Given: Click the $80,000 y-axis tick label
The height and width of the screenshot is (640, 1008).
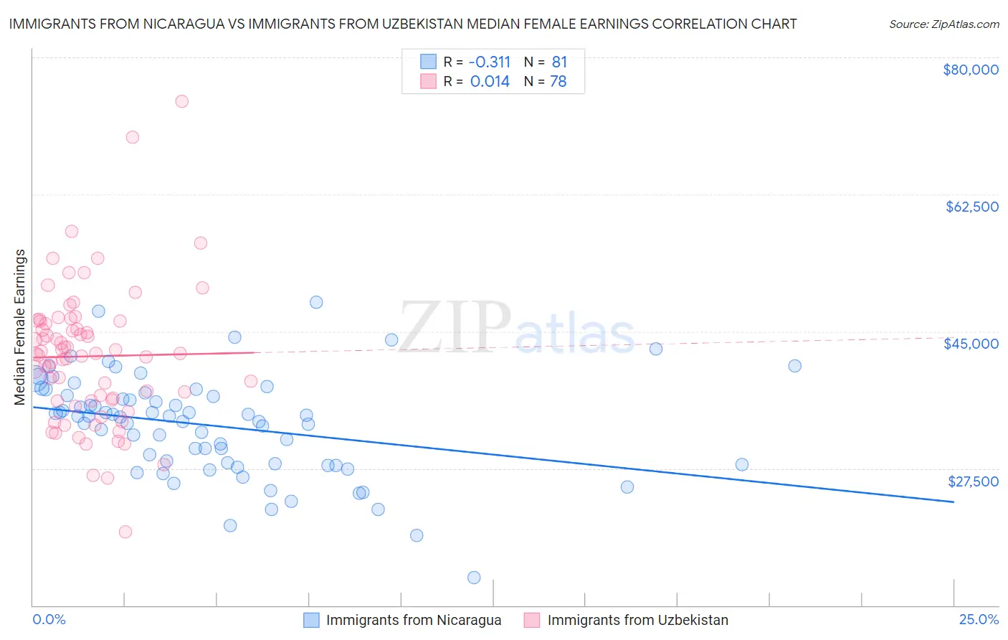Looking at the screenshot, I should [x=971, y=70].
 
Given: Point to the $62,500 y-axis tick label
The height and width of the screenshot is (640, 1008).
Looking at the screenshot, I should [x=971, y=207].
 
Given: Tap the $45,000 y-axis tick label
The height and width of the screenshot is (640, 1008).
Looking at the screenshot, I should [x=971, y=344].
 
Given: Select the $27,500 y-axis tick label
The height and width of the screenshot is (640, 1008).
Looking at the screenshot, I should [x=972, y=481].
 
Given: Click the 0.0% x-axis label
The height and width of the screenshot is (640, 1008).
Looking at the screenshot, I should [x=49, y=620].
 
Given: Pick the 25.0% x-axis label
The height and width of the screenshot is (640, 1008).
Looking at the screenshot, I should [x=979, y=620].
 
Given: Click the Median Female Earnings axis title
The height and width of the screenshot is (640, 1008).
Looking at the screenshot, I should [x=20, y=327].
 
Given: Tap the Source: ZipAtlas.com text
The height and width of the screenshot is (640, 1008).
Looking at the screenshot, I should [x=943, y=24].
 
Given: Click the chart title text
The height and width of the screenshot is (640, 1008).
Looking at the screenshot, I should [x=403, y=24].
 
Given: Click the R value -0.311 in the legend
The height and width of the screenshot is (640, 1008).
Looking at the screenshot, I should [x=490, y=62].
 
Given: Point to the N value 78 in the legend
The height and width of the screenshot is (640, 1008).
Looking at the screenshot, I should [x=558, y=81].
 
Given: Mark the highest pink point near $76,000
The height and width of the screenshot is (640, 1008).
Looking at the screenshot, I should [x=182, y=101].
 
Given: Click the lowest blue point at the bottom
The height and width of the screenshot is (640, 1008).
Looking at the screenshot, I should [x=474, y=578].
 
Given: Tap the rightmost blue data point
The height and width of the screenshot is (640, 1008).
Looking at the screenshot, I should [x=794, y=366].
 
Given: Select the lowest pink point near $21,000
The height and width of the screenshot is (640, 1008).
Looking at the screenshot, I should [x=125, y=532].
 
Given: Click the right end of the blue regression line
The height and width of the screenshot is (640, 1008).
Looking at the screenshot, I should [x=954, y=502].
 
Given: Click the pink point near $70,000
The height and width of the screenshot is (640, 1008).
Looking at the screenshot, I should [x=133, y=137].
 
